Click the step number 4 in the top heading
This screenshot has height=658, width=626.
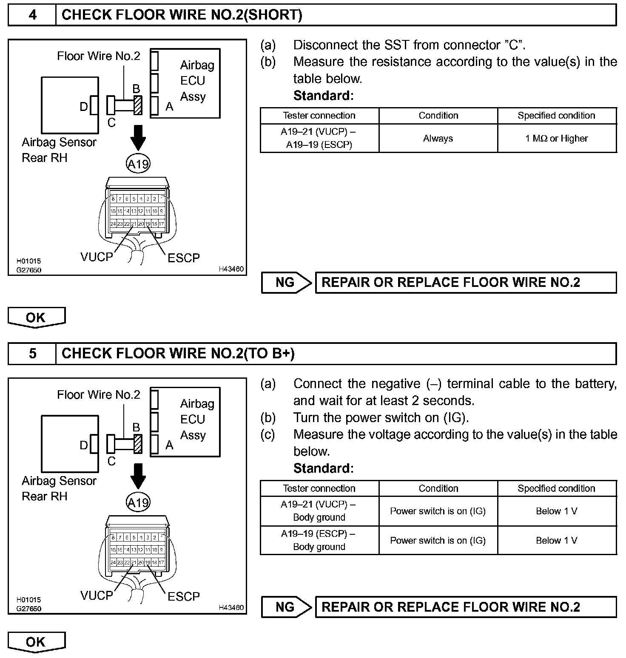pos(32,15)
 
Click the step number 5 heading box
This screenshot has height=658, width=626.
pos(32,354)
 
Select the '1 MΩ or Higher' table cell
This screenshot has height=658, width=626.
pos(557,138)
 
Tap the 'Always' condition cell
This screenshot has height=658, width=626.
pos(438,138)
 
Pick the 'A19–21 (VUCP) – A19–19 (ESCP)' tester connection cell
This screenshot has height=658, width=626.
pos(319,138)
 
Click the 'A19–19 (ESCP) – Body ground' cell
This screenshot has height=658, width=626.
pos(319,540)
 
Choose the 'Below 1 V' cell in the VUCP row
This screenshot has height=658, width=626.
pos(557,511)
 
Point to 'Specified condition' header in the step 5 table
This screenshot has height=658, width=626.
pos(557,488)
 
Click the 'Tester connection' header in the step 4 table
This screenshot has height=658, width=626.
pos(319,116)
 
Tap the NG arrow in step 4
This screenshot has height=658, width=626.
pos(287,283)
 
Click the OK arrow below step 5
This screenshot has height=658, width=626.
pos(36,642)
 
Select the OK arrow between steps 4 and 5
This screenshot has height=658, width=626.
pos(36,318)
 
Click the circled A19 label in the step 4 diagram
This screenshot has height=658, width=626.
pos(138,164)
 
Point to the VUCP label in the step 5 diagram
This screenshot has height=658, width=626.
pos(97,596)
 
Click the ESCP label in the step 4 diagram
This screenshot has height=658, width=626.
pos(183,258)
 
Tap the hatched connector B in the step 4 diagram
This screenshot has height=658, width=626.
pos(137,105)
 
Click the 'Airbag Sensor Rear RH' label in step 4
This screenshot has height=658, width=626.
pos(59,150)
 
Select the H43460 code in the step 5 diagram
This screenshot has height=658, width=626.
pos(231,607)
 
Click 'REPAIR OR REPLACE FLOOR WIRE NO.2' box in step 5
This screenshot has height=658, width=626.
pos(466,607)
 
